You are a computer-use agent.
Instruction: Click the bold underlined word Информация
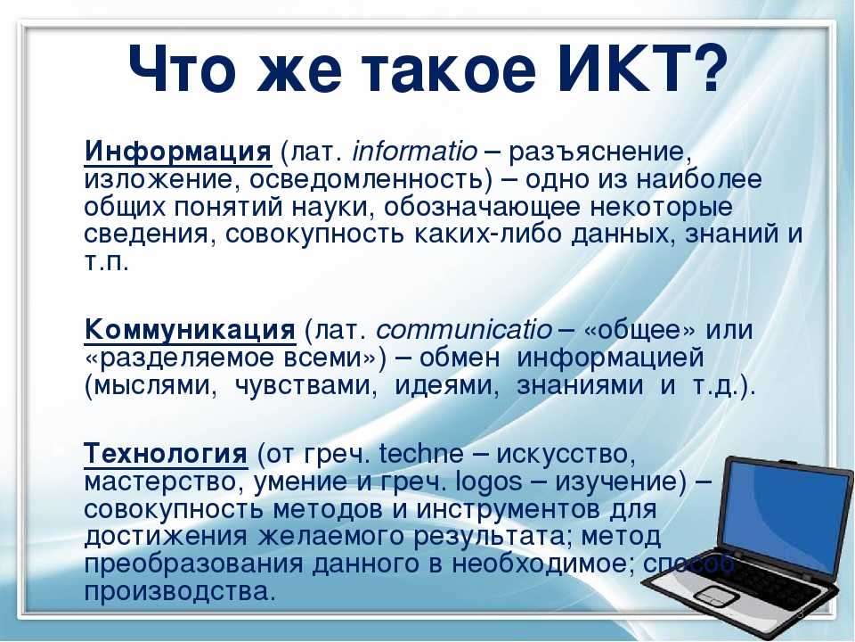[178, 152]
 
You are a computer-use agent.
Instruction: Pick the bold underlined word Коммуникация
[190, 330]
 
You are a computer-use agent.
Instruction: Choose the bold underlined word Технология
[166, 454]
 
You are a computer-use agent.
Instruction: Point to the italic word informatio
[414, 152]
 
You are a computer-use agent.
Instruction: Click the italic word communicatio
[464, 330]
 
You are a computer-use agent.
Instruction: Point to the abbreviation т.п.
[106, 263]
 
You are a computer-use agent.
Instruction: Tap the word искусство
[566, 455]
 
